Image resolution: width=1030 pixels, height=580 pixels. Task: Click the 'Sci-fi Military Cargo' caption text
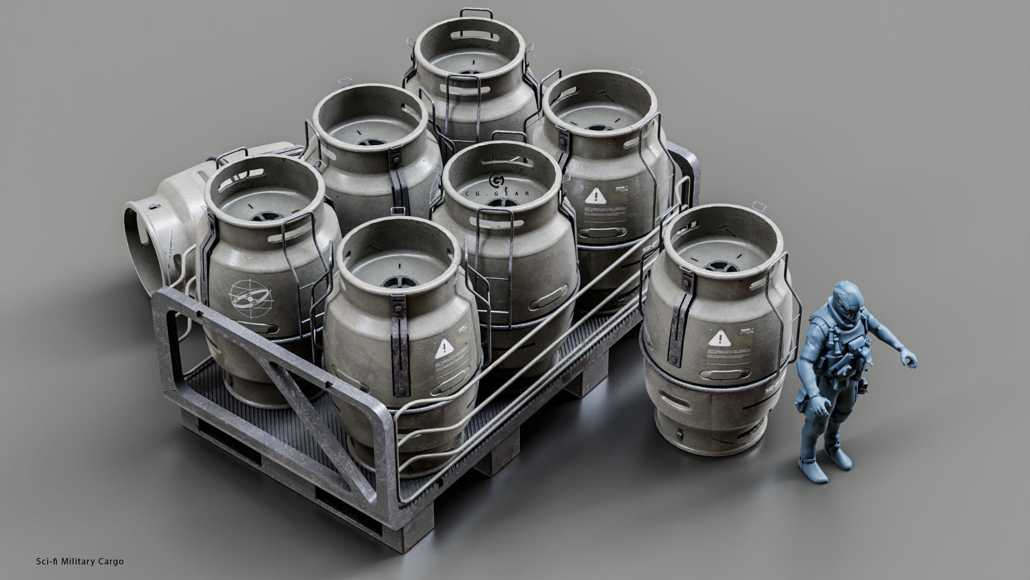(x=78, y=561)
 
